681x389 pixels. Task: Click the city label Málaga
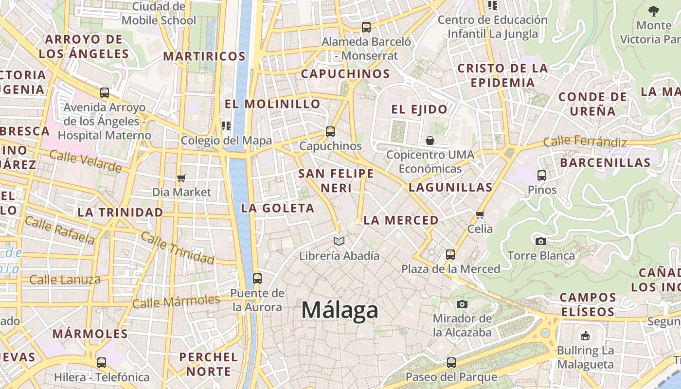click(340, 310)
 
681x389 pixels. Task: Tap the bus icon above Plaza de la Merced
click(450, 254)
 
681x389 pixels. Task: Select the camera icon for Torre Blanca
click(540, 241)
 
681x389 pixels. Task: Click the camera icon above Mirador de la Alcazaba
click(462, 304)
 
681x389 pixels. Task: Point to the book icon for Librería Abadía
click(339, 241)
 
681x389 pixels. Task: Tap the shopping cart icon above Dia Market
click(181, 178)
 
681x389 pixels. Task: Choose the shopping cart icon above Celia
click(480, 214)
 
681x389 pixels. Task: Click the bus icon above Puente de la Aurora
click(257, 279)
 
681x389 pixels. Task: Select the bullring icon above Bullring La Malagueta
click(585, 336)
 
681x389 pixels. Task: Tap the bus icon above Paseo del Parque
click(451, 362)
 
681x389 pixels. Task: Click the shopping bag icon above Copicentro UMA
click(430, 141)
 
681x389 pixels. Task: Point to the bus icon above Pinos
click(542, 176)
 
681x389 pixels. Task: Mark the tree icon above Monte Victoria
click(654, 11)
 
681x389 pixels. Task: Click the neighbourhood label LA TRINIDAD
click(120, 212)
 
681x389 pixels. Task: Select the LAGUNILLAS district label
click(450, 187)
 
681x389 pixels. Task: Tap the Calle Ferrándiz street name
click(585, 142)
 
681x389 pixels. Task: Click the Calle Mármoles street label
click(176, 302)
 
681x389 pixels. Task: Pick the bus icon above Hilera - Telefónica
click(102, 362)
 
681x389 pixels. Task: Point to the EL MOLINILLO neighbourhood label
click(272, 104)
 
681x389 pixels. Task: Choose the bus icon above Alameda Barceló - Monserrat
click(366, 27)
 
